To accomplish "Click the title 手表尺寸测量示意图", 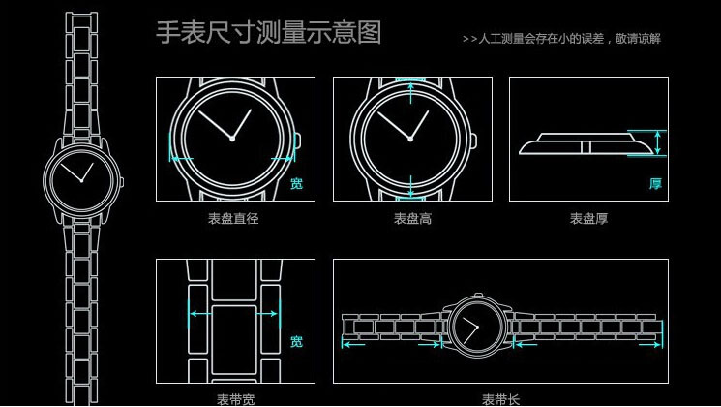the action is pos(269,32).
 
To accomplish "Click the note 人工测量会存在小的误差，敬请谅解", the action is pos(569,39).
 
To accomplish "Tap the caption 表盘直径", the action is pos(233,218).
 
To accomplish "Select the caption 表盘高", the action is pos(412,218).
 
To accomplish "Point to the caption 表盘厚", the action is pos(588,218).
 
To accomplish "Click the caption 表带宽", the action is pos(235,399).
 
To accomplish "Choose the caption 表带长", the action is pos(500,399).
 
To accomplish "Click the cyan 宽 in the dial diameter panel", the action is pos(296,184).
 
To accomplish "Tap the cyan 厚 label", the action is pos(655,184).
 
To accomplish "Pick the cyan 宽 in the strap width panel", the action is pos(296,341).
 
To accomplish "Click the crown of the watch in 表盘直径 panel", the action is pos(297,141).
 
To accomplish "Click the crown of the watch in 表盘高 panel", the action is pos(474,141).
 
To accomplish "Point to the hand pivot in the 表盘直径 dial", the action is pos(232,139).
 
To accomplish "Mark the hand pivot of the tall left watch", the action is pos(82,181).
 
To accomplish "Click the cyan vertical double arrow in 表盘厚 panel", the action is pos(658,142).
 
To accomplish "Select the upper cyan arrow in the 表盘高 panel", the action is pos(411,92).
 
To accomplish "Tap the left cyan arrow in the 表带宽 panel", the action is pos(200,314).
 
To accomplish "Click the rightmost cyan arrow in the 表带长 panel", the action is pos(649,344).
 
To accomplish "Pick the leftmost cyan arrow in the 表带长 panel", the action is pos(353,344).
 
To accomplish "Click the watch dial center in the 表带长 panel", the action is pos(478,327).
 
